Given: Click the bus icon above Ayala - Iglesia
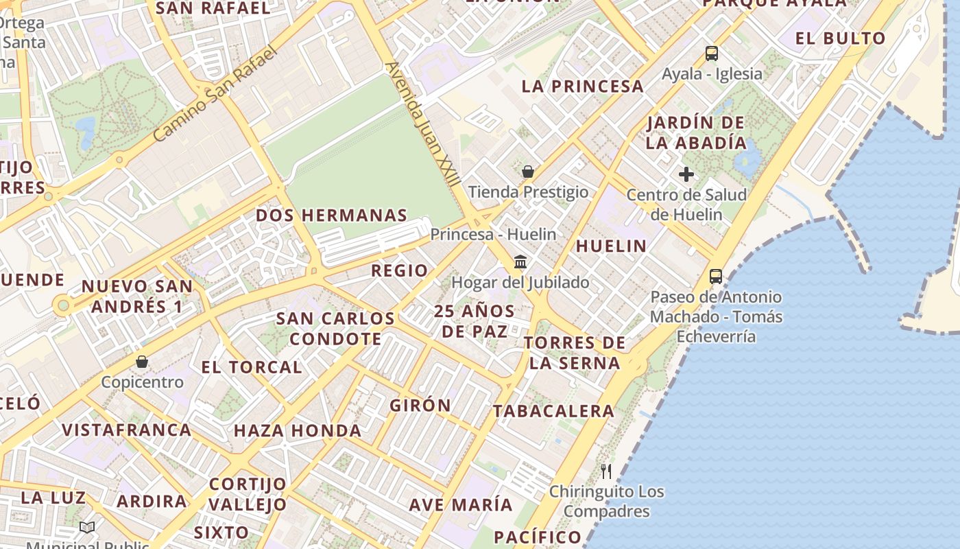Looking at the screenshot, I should click(712, 53).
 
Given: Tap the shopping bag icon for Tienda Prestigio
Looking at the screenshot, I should click(528, 172).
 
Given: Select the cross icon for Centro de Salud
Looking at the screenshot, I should click(686, 174).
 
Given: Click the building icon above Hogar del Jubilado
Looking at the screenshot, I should click(520, 262).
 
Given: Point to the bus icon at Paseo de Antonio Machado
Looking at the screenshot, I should click(716, 277).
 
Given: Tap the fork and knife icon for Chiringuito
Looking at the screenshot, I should click(606, 471).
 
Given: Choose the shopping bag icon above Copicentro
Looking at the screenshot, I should click(142, 362).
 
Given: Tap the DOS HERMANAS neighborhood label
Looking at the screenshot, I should click(331, 215).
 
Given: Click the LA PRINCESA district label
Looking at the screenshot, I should click(583, 86).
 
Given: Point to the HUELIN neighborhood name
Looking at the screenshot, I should click(611, 246).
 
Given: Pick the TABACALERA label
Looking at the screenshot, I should click(553, 411).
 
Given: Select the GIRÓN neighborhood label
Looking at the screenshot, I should click(420, 406).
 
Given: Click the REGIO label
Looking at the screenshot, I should click(399, 270).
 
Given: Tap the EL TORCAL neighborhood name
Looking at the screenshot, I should click(252, 367).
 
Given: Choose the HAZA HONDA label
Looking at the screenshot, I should click(298, 431).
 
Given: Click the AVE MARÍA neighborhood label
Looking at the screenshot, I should click(461, 505).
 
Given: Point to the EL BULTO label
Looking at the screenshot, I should click(840, 38).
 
